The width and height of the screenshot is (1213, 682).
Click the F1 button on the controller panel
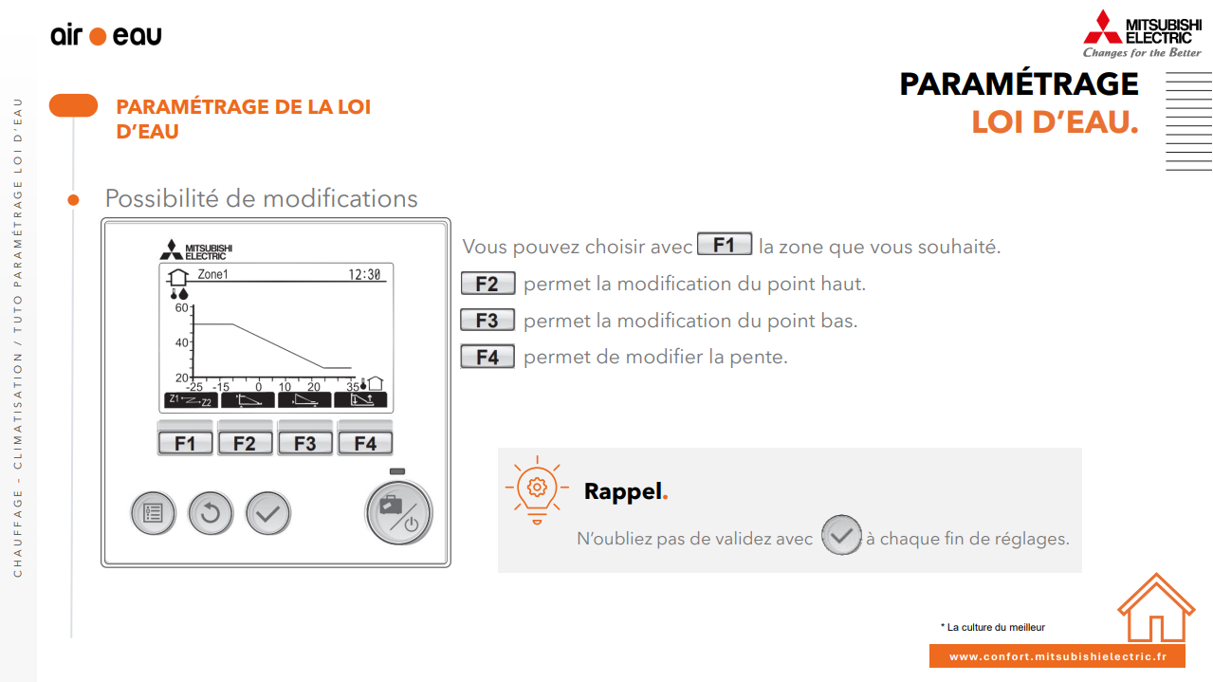click(185, 443)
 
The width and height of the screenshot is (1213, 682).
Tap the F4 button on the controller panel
click(365, 443)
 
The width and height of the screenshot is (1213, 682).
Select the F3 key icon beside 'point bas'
click(487, 321)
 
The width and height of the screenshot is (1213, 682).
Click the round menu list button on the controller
click(154, 513)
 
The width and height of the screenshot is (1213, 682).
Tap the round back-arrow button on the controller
click(211, 513)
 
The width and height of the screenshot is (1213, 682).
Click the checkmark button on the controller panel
click(268, 513)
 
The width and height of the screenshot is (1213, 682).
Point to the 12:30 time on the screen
click(364, 275)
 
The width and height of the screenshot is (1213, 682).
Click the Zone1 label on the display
click(212, 274)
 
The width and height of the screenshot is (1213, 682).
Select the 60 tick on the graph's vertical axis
click(181, 307)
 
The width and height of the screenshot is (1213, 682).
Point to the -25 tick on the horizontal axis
click(194, 387)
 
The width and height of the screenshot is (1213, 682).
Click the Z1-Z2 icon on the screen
click(191, 400)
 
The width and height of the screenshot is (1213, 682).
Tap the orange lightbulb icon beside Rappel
click(537, 489)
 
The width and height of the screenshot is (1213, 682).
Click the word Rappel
click(623, 491)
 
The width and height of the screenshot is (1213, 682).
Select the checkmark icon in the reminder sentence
click(841, 535)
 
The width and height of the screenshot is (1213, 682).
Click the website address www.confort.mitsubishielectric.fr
click(1057, 656)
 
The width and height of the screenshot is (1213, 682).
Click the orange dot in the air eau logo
click(98, 36)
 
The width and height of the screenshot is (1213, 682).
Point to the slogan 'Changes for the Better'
click(1142, 53)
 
